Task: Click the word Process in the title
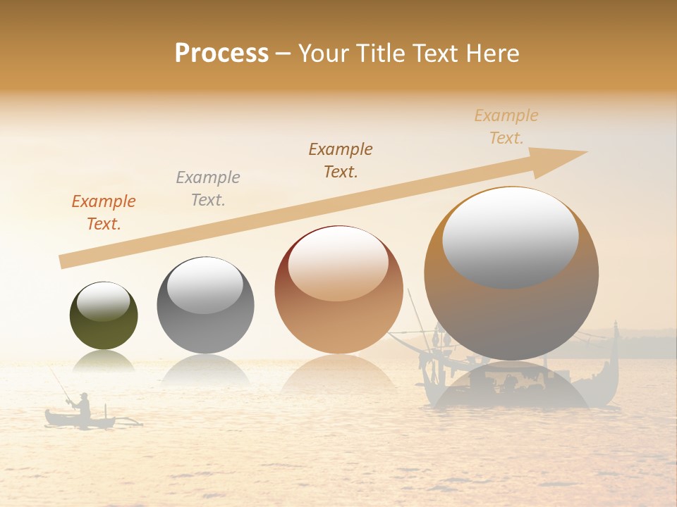pyautogui.click(x=221, y=54)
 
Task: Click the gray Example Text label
pyautogui.click(x=208, y=188)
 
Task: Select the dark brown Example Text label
pyautogui.click(x=341, y=160)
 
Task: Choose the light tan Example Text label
pyautogui.click(x=506, y=126)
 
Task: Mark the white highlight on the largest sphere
pyautogui.click(x=510, y=236)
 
